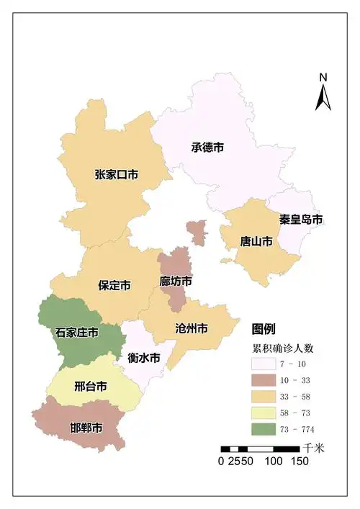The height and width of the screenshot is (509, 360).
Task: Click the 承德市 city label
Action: [207, 147]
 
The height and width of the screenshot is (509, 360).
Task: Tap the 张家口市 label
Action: [116, 174]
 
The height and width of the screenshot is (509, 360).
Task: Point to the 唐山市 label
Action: [256, 241]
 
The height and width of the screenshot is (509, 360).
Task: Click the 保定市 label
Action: [114, 285]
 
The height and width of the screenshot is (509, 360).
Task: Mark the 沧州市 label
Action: [192, 328]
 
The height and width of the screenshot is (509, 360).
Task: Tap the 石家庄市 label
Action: [76, 333]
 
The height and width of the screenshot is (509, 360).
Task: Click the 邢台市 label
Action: [91, 387]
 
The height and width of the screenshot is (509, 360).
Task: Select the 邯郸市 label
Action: [86, 428]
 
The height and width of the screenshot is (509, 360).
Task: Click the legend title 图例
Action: [263, 329]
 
